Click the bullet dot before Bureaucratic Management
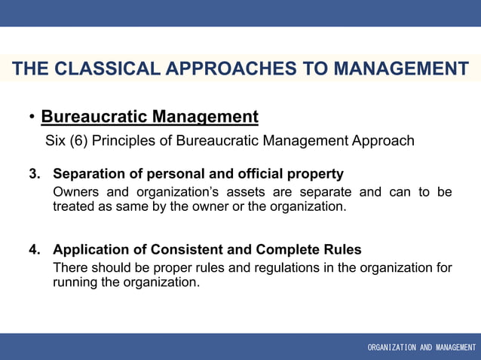[x=32, y=117]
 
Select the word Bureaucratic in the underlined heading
[x=94, y=117]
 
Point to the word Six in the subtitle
[x=57, y=141]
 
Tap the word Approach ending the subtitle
[x=383, y=141]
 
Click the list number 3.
[x=35, y=175]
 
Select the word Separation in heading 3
[x=90, y=175]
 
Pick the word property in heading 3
[x=315, y=175]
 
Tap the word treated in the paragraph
[x=74, y=206]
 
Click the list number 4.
[x=35, y=250]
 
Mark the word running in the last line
[x=75, y=282]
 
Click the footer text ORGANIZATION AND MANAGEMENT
[x=421, y=347]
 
